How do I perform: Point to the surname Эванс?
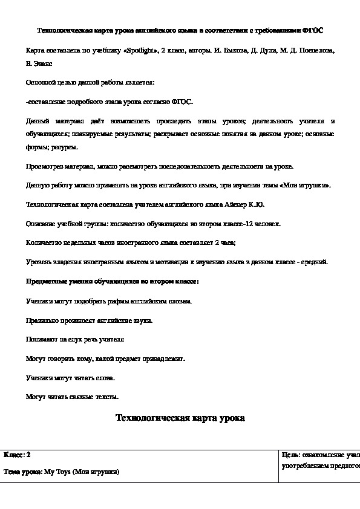[x=42, y=62]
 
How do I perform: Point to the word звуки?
[x=142, y=320]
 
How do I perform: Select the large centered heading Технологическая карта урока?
[x=180, y=418]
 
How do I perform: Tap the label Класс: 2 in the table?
[x=18, y=455]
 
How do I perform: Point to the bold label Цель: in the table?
[x=292, y=455]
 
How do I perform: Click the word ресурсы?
[x=63, y=146]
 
